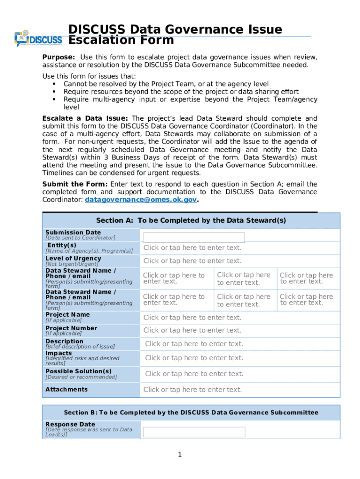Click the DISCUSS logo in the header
click(38, 39)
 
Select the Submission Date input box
click(194, 238)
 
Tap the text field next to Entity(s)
click(192, 248)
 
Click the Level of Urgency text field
click(192, 261)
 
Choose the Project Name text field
click(192, 318)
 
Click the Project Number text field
click(192, 330)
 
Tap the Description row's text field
click(194, 344)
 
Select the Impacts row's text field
click(194, 358)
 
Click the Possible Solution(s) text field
click(194, 374)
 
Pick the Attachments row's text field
click(192, 390)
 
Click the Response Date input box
click(194, 432)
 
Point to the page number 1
click(180, 455)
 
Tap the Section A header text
click(191, 220)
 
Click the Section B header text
click(191, 413)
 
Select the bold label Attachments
click(66, 389)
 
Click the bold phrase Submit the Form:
click(75, 184)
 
